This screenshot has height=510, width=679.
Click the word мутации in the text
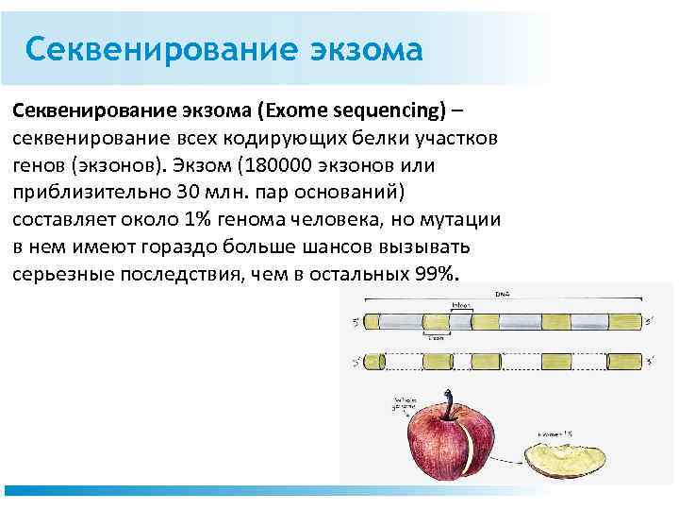459,219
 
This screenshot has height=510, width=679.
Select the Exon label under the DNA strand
437,335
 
